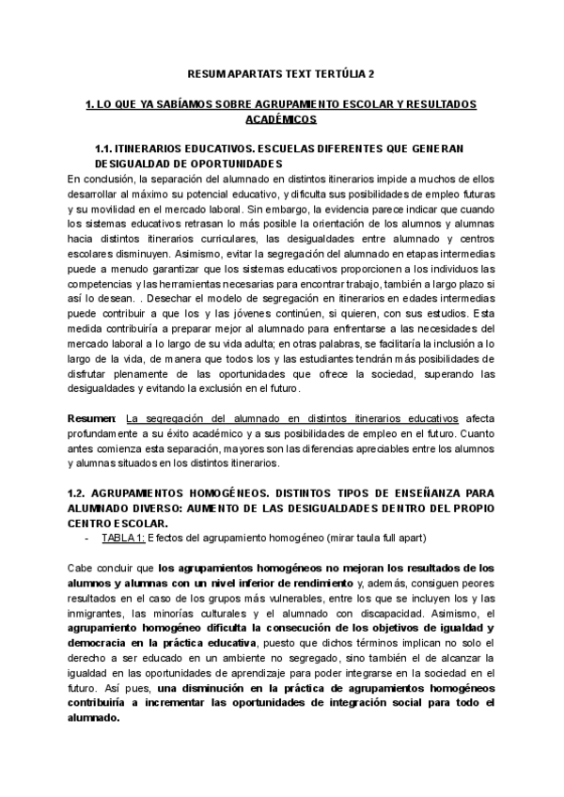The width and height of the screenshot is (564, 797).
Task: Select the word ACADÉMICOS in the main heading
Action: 281,120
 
